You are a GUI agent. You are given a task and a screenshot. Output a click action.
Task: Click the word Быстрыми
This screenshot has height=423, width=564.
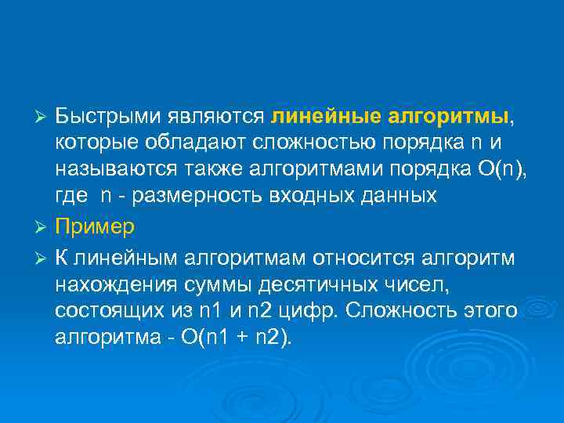click(x=108, y=116)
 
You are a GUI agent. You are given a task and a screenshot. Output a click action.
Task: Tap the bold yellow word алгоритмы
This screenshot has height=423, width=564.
click(x=448, y=116)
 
